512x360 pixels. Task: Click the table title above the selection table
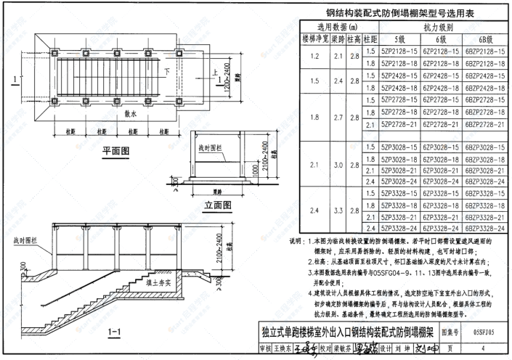[399, 12]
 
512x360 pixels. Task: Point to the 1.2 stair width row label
[314, 57]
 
